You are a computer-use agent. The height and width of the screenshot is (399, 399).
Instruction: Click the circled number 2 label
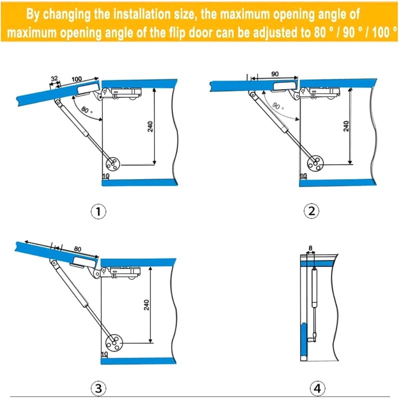pyautogui.click(x=311, y=211)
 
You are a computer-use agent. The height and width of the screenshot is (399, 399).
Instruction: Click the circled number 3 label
pyautogui.click(x=98, y=389)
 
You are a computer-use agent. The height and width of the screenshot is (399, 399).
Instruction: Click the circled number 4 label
pyautogui.click(x=318, y=389)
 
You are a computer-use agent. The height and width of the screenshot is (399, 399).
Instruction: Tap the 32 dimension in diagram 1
pyautogui.click(x=54, y=79)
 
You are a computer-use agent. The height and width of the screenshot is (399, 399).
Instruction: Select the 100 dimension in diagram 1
pyautogui.click(x=77, y=79)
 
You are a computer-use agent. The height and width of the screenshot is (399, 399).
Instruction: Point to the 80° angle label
pyautogui.click(x=86, y=110)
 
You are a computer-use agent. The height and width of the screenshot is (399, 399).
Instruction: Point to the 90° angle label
pyautogui.click(x=278, y=106)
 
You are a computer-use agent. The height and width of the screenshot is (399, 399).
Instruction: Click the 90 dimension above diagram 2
pyautogui.click(x=275, y=74)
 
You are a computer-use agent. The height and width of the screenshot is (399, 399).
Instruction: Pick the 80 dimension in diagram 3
pyautogui.click(x=78, y=248)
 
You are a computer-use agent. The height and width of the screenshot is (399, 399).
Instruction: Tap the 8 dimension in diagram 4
pyautogui.click(x=310, y=248)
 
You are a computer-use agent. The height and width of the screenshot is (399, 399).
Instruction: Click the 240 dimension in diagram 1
pyautogui.click(x=150, y=127)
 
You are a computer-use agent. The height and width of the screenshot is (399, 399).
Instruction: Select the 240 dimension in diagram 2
pyautogui.click(x=346, y=126)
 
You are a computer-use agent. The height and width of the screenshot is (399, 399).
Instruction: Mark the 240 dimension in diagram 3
pyautogui.click(x=146, y=305)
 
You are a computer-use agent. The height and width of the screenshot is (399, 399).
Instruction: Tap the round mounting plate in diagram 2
pyautogui.click(x=315, y=164)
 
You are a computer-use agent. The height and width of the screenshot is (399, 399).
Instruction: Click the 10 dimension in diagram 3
pyautogui.click(x=105, y=354)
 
